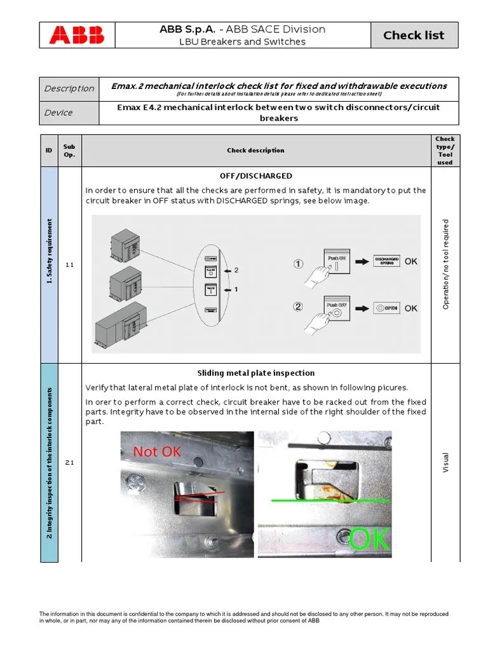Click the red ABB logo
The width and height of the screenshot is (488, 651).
[x=77, y=35]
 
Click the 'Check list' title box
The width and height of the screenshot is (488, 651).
[x=414, y=36]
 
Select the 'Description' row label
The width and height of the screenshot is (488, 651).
[x=69, y=88]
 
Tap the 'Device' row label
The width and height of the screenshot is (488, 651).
[x=58, y=113]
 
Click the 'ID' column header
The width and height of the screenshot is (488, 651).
[x=49, y=151]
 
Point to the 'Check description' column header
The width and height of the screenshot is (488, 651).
[x=255, y=151]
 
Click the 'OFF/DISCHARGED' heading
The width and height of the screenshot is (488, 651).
[x=255, y=175]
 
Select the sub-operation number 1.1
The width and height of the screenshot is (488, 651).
[x=69, y=264]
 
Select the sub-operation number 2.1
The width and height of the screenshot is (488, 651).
[x=69, y=462]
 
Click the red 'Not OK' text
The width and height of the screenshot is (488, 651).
[x=157, y=451]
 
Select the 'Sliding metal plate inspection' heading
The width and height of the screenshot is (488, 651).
[x=255, y=373]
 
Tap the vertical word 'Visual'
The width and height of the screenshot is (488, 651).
[x=445, y=462]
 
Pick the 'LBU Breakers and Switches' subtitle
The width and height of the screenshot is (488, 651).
[x=241, y=42]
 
